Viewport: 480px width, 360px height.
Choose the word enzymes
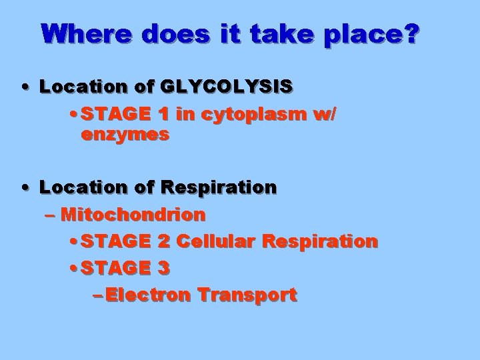click(x=125, y=135)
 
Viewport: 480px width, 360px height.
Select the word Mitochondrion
click(x=133, y=215)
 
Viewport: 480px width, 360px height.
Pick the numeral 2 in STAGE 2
click(x=164, y=241)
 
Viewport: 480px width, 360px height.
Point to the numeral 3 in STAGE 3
click(x=164, y=268)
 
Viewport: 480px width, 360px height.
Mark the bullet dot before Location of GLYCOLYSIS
click(x=25, y=87)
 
